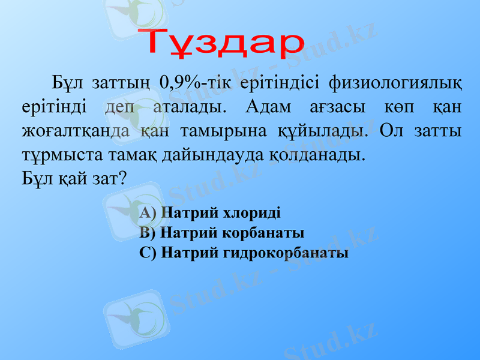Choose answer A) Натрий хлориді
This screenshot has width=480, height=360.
coord(209,212)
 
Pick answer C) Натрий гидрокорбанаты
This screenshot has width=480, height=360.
coord(244,252)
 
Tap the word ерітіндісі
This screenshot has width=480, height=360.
coord(275,83)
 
